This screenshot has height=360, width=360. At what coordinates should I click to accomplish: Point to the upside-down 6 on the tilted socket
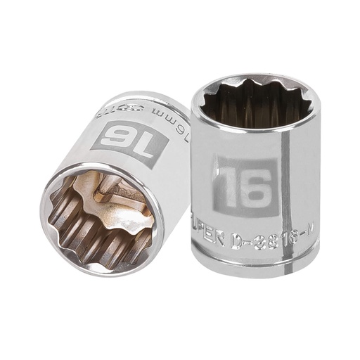pyautogui.click(x=118, y=136)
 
